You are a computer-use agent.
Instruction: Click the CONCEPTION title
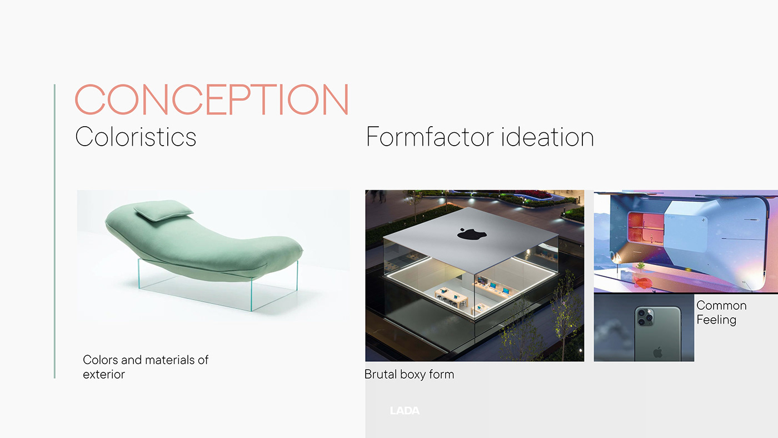pyautogui.click(x=212, y=99)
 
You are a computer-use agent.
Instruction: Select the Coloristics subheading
pyautogui.click(x=136, y=137)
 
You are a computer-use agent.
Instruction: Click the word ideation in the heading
pyautogui.click(x=547, y=137)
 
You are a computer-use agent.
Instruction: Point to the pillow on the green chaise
pyautogui.click(x=163, y=210)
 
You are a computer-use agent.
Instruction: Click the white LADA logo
pyautogui.click(x=405, y=411)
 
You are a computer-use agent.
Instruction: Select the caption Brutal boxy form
pyautogui.click(x=409, y=375)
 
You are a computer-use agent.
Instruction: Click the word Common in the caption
pyautogui.click(x=721, y=305)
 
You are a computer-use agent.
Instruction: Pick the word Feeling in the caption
pyautogui.click(x=716, y=320)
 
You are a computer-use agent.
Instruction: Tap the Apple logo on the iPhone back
pyautogui.click(x=657, y=353)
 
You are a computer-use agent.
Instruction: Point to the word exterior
pyautogui.click(x=103, y=375)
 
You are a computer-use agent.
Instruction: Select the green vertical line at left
pyautogui.click(x=54, y=231)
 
